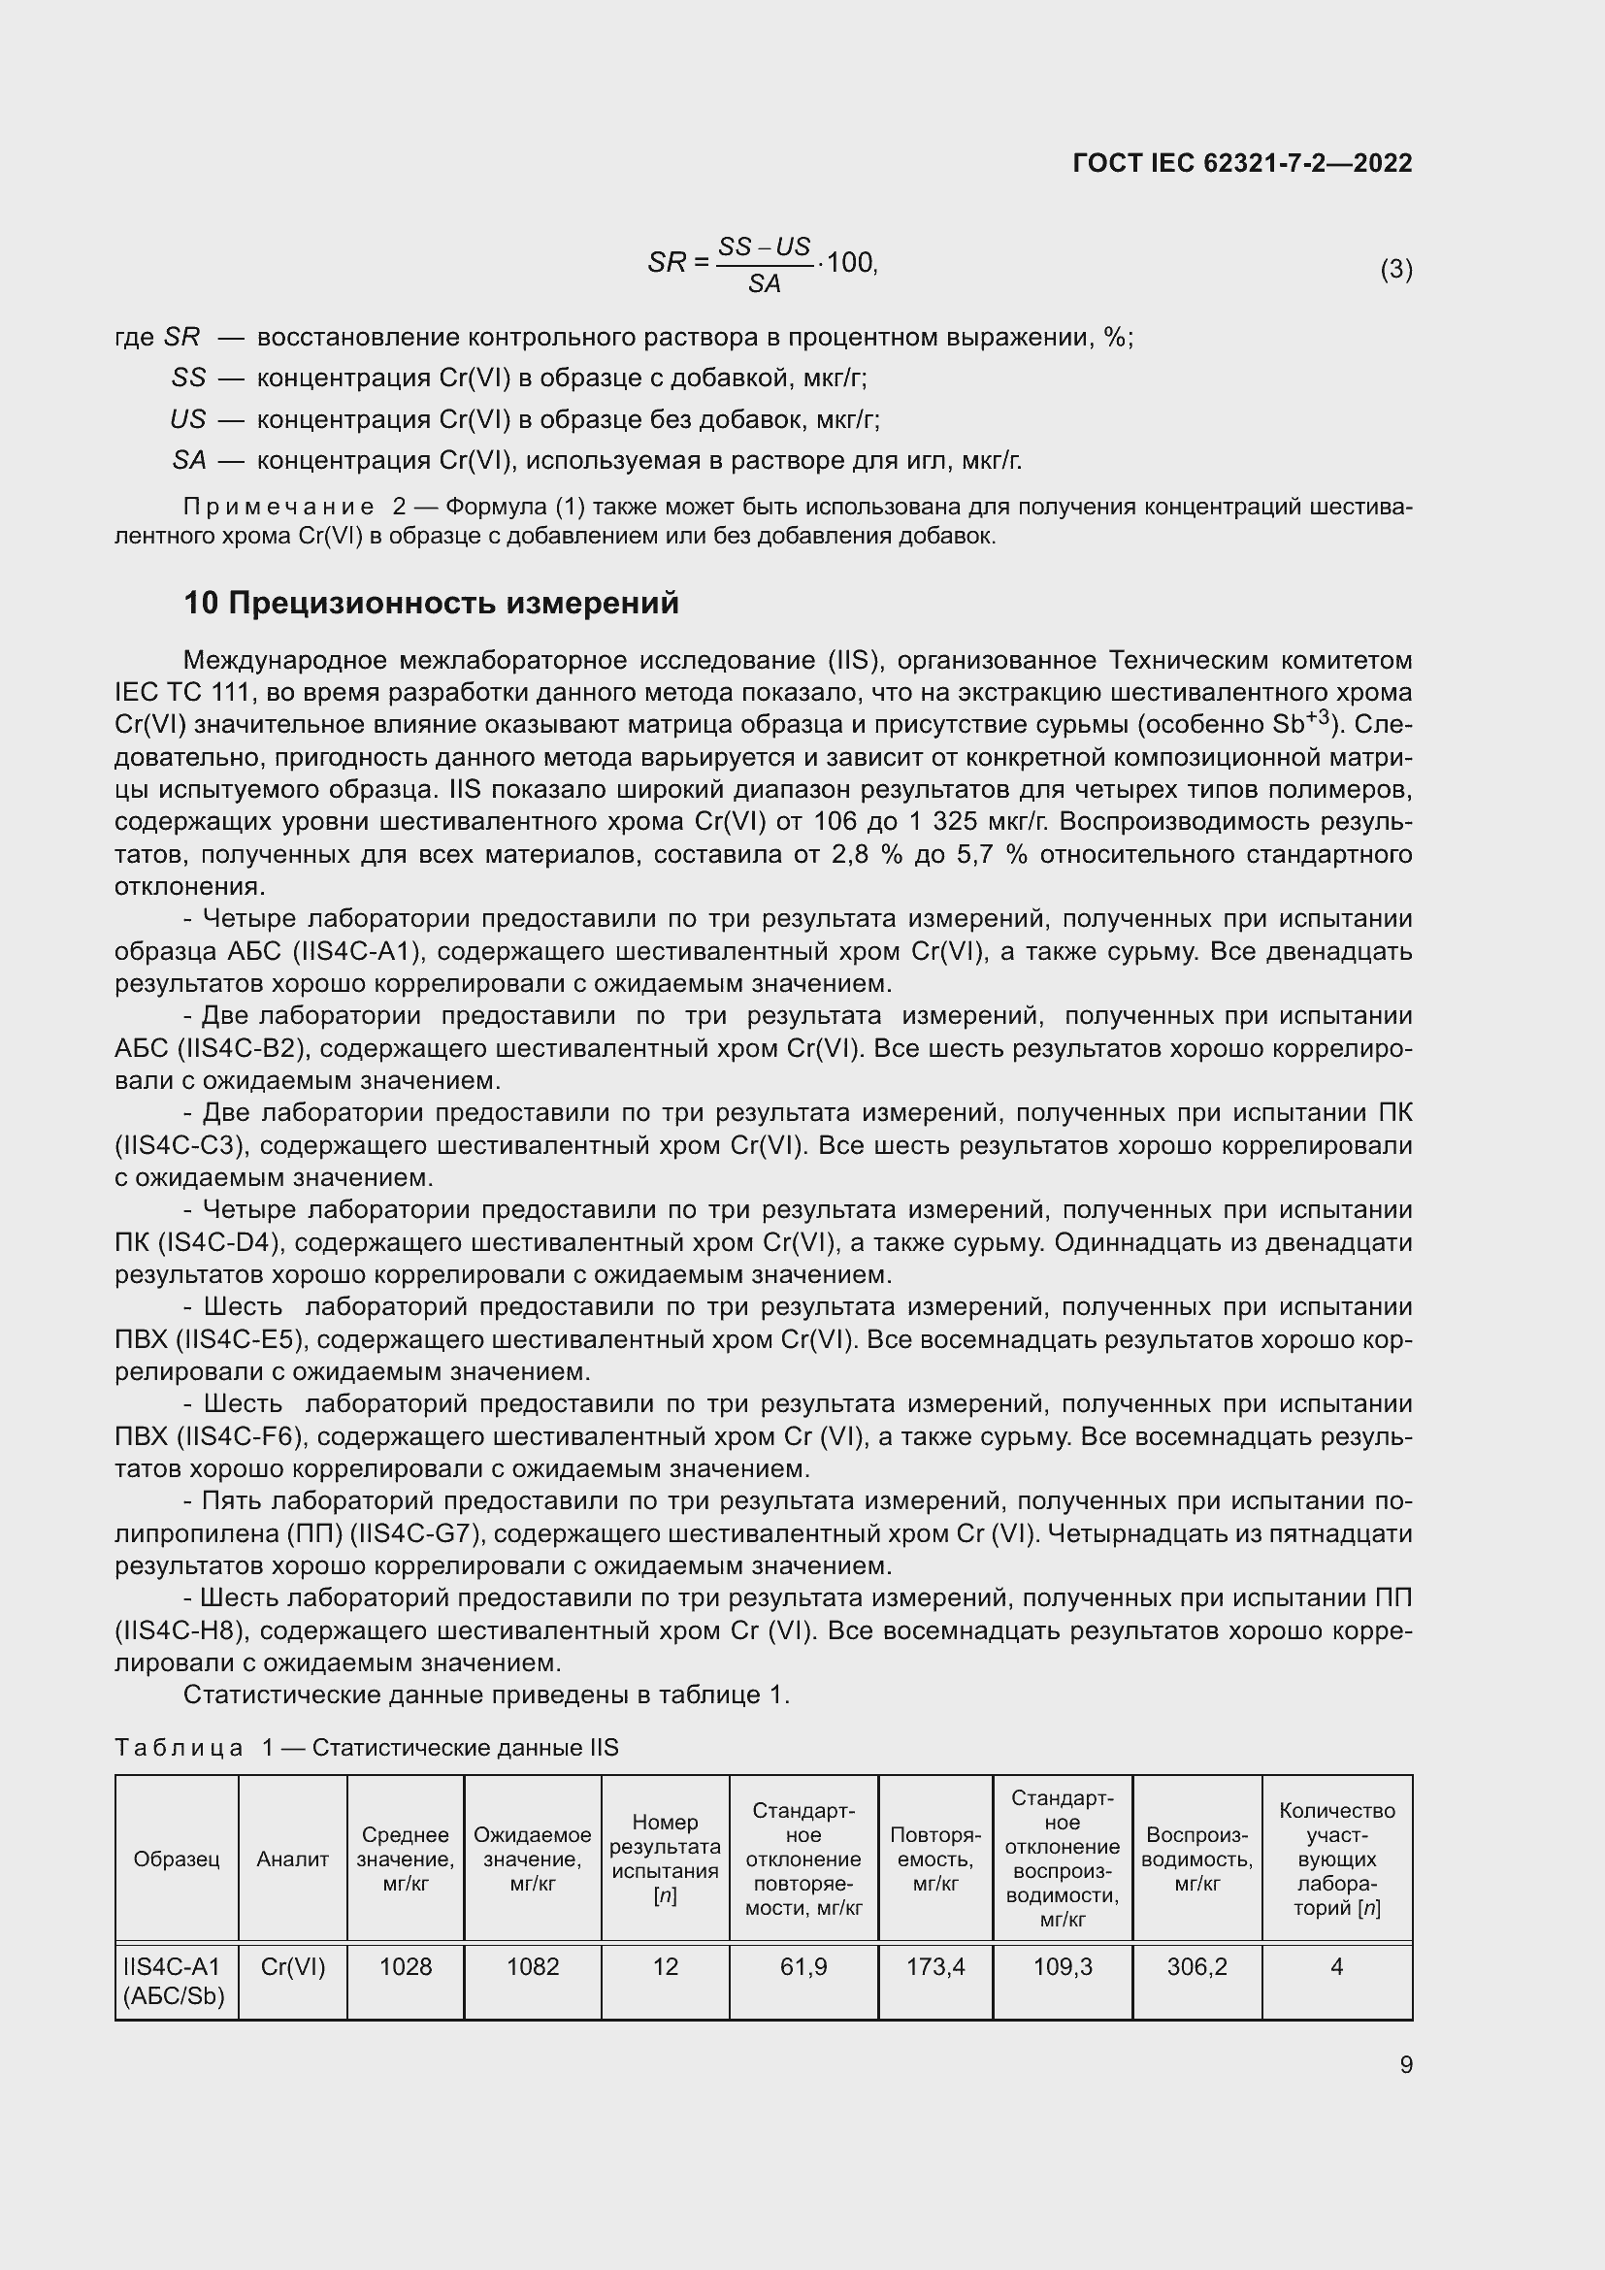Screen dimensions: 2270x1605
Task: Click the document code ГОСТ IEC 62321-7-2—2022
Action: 1241,163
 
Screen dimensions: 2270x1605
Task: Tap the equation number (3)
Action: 1395,269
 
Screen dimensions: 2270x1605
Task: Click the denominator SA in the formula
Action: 764,284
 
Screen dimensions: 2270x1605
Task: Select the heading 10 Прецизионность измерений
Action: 431,603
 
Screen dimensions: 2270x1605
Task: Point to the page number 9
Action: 1405,2064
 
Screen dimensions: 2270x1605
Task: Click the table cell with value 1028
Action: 406,1966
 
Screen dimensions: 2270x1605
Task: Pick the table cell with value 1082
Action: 533,1966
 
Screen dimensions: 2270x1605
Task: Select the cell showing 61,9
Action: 803,1966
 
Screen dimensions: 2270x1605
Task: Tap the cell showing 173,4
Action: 934,1966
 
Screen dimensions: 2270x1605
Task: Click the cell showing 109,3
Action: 1063,1966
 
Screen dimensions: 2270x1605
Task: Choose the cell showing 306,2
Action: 1196,1966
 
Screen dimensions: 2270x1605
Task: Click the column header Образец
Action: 176,1859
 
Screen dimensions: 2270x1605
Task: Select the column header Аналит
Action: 292,1859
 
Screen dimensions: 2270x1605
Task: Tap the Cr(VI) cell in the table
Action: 292,1966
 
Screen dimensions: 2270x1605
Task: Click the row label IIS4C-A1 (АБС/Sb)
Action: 175,1981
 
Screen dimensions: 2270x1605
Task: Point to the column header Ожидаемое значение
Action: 533,1859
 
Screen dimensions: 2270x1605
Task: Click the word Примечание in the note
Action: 278,508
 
